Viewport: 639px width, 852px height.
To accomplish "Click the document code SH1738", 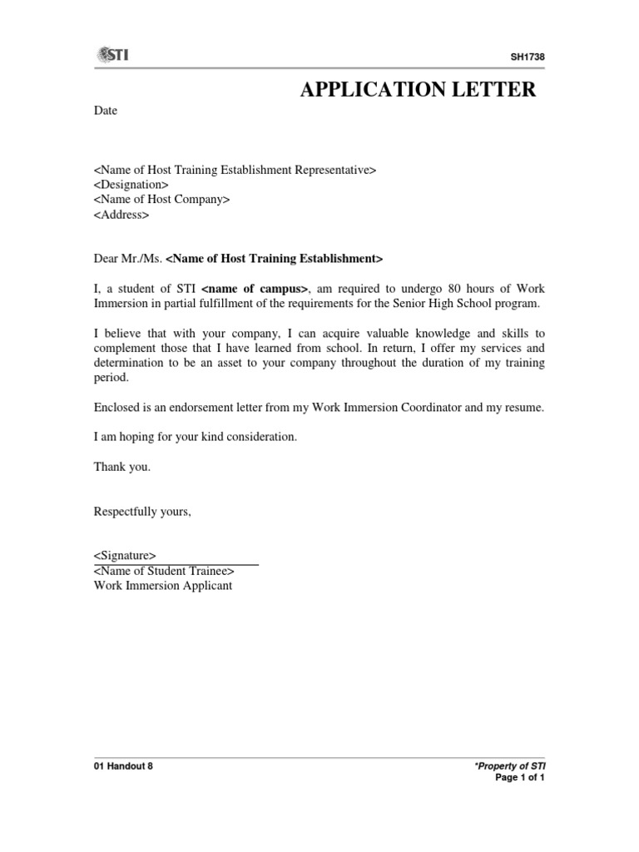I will click(528, 57).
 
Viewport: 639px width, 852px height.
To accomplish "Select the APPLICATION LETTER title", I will click(418, 90).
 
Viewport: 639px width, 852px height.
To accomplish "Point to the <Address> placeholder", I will click(121, 215).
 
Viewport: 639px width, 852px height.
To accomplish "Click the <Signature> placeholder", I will click(124, 555).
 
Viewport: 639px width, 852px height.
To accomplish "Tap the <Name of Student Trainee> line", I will click(164, 571).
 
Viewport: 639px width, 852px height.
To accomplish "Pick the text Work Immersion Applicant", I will click(163, 586).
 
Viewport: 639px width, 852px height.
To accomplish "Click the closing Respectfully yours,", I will click(142, 511).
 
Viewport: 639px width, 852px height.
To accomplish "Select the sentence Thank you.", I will click(122, 467).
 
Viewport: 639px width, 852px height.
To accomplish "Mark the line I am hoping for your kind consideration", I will click(195, 437).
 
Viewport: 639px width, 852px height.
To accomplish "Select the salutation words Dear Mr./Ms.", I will click(128, 259).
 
